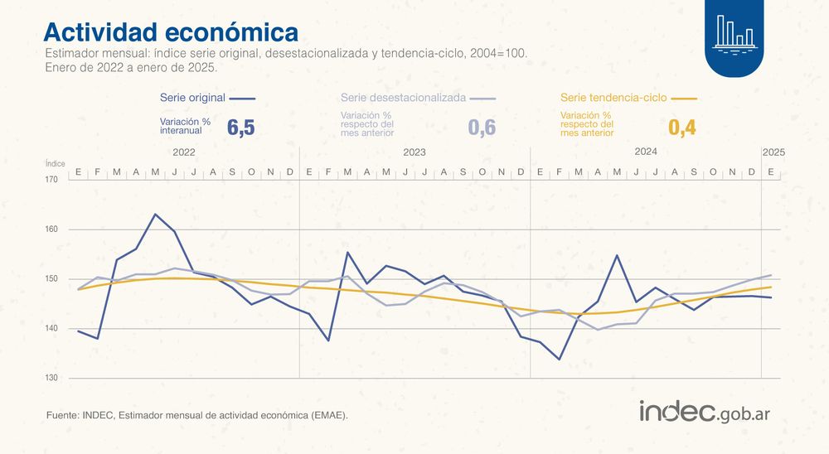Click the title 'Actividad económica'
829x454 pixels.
click(170, 31)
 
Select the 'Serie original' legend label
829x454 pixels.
click(192, 98)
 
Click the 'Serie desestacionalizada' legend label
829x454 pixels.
click(402, 98)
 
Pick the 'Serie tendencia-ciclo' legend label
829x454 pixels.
click(613, 98)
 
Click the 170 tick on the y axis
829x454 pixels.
click(51, 180)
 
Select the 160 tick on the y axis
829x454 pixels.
click(51, 229)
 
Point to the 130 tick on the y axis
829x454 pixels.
click(51, 379)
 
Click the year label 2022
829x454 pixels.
click(184, 153)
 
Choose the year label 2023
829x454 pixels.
click(414, 153)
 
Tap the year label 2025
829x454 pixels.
click(773, 153)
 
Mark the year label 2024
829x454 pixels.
click(646, 152)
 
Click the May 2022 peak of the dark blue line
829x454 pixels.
click(155, 214)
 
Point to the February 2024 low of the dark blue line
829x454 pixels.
click(560, 359)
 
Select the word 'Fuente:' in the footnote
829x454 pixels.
click(63, 415)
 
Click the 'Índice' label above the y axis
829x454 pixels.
click(55, 164)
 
